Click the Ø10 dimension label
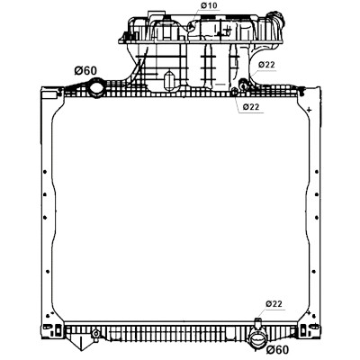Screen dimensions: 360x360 pyautogui.click(x=209, y=5)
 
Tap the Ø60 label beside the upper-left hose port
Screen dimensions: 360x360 pyautogui.click(x=85, y=71)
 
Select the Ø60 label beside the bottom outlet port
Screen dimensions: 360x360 pyautogui.click(x=277, y=349)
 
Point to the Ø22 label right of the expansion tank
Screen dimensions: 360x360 pyautogui.click(x=266, y=65)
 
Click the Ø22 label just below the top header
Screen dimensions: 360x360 pyautogui.click(x=251, y=107)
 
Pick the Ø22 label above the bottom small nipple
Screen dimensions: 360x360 pyautogui.click(x=274, y=303)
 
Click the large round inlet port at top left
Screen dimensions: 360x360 pyautogui.click(x=96, y=87)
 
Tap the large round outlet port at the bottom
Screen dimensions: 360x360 pyautogui.click(x=257, y=340)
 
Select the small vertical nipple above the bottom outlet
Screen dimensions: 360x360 pyautogui.click(x=257, y=323)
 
